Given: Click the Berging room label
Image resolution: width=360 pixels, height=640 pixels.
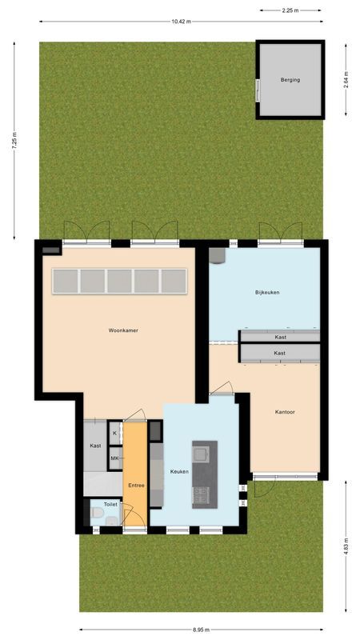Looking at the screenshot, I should pyautogui.click(x=290, y=80).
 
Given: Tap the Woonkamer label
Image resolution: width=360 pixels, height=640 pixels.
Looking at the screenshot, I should pyautogui.click(x=124, y=330).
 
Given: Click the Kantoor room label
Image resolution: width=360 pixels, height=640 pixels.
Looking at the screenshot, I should pyautogui.click(x=286, y=412).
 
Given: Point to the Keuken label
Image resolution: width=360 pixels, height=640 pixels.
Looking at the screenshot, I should pyautogui.click(x=179, y=471).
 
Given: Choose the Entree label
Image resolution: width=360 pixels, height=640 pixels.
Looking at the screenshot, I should pyautogui.click(x=135, y=486).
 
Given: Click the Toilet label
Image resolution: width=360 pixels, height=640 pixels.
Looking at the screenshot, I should pyautogui.click(x=110, y=505).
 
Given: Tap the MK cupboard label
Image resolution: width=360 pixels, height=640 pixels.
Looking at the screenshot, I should pyautogui.click(x=114, y=458).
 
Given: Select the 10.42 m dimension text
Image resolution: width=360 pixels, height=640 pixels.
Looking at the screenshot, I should pyautogui.click(x=181, y=22).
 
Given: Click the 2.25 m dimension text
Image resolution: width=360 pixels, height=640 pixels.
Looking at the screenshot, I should pyautogui.click(x=290, y=10).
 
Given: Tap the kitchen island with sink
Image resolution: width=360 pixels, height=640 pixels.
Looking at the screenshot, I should pyautogui.click(x=204, y=471).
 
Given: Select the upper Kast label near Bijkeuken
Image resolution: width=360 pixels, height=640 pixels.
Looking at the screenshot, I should pyautogui.click(x=280, y=337).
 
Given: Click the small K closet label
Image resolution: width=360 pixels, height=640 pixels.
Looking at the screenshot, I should pyautogui.click(x=114, y=433).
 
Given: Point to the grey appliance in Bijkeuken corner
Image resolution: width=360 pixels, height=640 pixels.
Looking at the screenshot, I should pyautogui.click(x=216, y=256).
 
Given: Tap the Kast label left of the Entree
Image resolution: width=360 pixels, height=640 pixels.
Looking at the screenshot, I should pyautogui.click(x=95, y=446).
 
